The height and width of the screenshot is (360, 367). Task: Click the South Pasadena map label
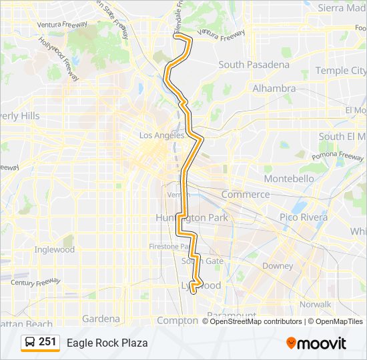pyautogui.click(x=254, y=65)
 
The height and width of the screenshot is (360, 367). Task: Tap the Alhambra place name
pyautogui.click(x=274, y=88)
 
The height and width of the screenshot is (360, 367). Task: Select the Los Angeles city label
pyautogui.click(x=161, y=135)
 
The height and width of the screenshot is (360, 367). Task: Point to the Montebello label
pyautogui.click(x=288, y=179)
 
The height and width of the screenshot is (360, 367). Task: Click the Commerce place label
pyautogui.click(x=246, y=195)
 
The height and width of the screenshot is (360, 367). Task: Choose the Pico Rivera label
pyautogui.click(x=304, y=217)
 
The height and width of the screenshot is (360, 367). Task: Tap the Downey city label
pyautogui.click(x=278, y=266)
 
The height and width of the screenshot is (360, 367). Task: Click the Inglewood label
pyautogui.click(x=54, y=250)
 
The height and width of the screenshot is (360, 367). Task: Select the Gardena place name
pyautogui.click(x=101, y=319)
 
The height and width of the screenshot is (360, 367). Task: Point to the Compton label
pyautogui.click(x=177, y=320)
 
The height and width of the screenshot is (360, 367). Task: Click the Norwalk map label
pyautogui.click(x=316, y=304)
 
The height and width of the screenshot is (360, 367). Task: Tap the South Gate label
pyautogui.click(x=206, y=261)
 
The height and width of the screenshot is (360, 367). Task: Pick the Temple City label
pyautogui.click(x=340, y=70)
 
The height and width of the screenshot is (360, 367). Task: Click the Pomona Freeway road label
pyautogui.click(x=342, y=157)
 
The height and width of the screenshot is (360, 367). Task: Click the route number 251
pyautogui.click(x=47, y=342)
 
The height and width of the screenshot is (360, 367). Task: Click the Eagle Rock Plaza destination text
pyautogui.click(x=107, y=343)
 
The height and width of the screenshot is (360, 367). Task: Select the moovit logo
pyautogui.click(x=316, y=343)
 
